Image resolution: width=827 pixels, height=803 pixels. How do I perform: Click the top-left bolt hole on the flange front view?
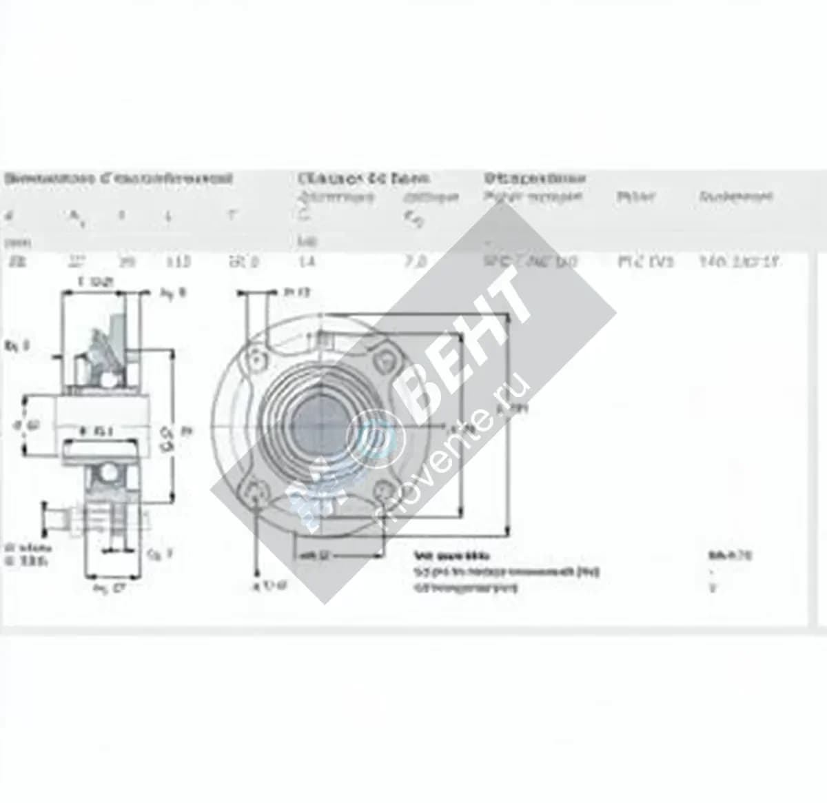coord(256,360)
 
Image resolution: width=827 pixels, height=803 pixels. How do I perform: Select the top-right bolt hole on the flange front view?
coord(385,358)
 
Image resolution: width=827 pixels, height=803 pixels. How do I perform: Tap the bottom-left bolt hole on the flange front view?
coord(256,491)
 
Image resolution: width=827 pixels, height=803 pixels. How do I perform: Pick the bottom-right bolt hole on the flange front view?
coord(385,490)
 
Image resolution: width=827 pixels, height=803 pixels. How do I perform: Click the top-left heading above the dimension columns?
coord(117,179)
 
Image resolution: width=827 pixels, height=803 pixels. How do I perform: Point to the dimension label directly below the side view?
coord(108,588)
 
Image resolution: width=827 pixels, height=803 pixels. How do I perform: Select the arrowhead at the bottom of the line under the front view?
coord(257,572)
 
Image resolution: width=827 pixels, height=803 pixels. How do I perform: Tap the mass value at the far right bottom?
coord(730,554)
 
